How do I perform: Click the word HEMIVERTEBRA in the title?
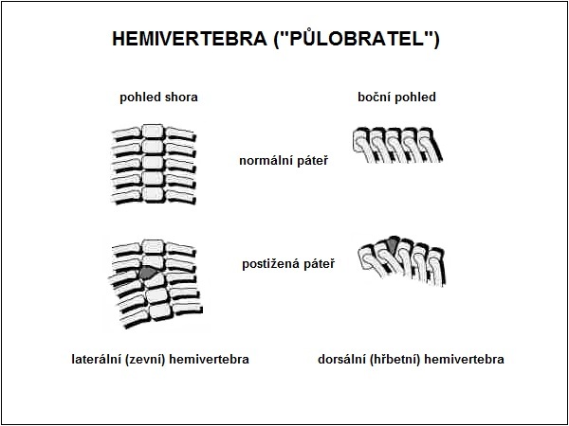click(190, 39)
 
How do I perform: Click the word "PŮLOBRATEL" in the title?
click(356, 40)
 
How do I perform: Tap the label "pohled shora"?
click(158, 98)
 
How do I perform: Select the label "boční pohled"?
click(396, 98)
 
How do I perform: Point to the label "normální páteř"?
click(284, 161)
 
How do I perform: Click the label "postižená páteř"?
click(288, 264)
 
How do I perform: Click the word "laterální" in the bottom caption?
click(96, 360)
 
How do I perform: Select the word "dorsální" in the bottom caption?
click(341, 360)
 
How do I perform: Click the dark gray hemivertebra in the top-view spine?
click(147, 273)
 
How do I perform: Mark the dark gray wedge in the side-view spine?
click(393, 244)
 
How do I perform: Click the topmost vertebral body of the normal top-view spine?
click(153, 132)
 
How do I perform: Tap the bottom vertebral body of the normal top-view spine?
click(153, 194)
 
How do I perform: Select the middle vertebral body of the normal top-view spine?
click(153, 163)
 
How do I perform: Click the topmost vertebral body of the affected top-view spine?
click(153, 246)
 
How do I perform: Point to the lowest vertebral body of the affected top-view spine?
click(160, 311)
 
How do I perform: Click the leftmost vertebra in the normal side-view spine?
click(359, 142)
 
